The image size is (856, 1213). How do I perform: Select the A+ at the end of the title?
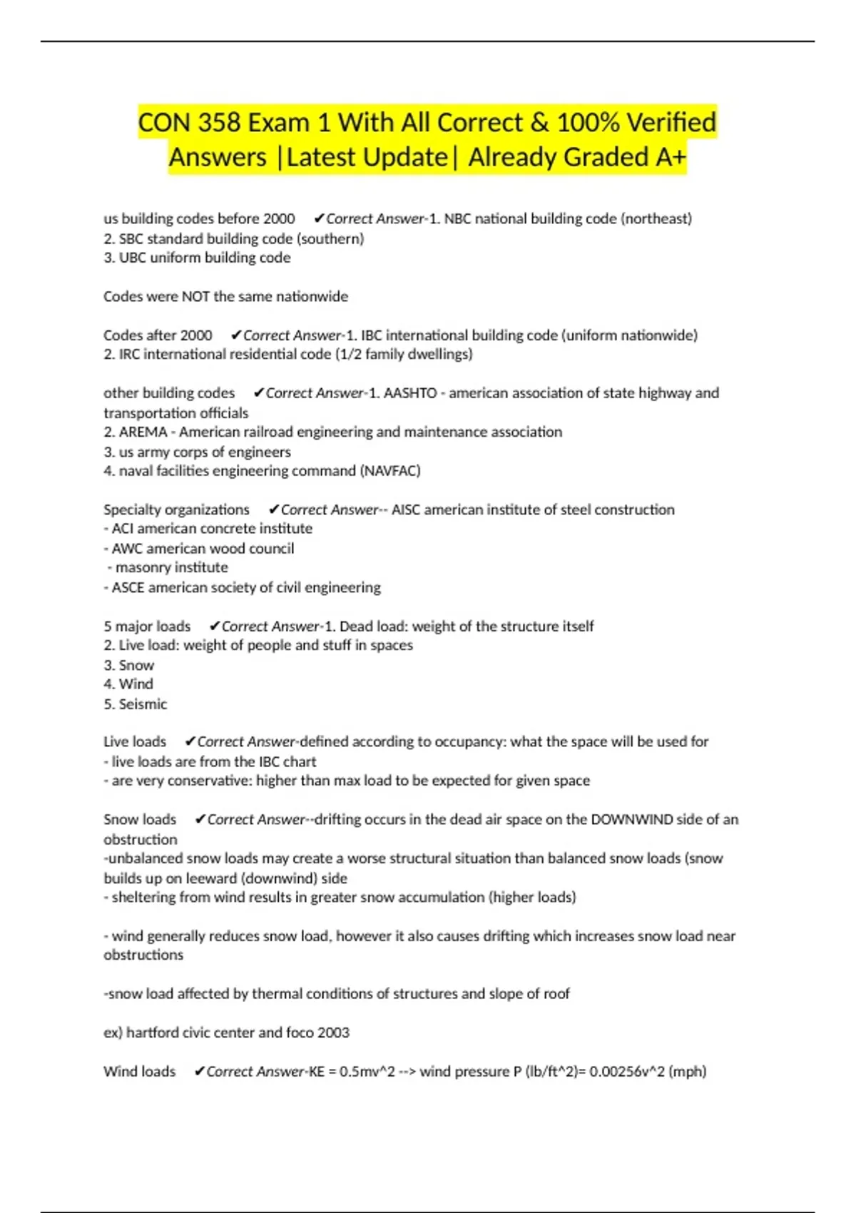click(x=670, y=158)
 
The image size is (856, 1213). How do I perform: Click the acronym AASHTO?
click(x=410, y=393)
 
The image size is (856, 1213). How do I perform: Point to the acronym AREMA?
click(x=143, y=432)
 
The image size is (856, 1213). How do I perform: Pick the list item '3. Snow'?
click(x=129, y=666)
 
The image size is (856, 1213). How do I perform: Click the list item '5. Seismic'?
click(x=136, y=704)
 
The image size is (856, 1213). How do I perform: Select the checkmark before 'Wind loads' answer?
click(x=200, y=1072)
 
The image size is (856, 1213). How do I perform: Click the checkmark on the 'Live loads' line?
click(x=190, y=742)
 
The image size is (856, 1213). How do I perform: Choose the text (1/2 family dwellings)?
click(x=404, y=355)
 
